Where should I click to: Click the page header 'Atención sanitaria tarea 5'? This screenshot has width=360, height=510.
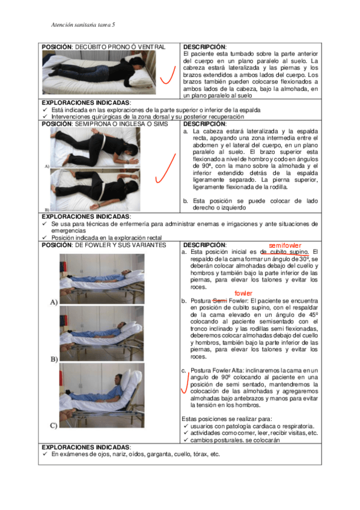click(x=83, y=25)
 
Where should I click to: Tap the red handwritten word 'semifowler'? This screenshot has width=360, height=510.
click(x=285, y=245)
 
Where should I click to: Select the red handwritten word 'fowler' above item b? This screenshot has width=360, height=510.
click(x=243, y=293)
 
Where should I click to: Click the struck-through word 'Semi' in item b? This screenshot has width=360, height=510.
click(x=219, y=301)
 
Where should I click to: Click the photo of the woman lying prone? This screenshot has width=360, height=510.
click(x=99, y=72)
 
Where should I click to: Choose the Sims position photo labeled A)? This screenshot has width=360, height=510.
click(x=95, y=147)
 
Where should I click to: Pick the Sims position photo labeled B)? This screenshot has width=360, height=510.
click(x=95, y=190)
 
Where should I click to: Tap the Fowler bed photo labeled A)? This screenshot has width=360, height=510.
click(x=102, y=279)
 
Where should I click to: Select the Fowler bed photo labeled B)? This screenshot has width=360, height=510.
click(x=102, y=333)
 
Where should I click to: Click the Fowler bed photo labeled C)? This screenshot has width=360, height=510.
click(x=102, y=396)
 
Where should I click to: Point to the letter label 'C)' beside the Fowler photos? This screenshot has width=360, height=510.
click(x=53, y=425)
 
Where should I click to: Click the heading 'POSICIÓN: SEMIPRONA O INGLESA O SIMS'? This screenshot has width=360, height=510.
click(x=105, y=124)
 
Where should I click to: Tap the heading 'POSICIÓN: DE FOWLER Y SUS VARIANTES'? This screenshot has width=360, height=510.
click(x=103, y=245)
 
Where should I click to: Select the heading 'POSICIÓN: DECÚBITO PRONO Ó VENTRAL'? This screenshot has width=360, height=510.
click(x=103, y=47)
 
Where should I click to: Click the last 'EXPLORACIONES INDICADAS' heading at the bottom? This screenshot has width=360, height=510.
click(x=86, y=447)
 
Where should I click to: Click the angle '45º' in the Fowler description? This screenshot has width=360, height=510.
click(x=313, y=315)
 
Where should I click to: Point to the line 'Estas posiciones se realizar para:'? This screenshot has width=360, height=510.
click(x=227, y=419)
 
